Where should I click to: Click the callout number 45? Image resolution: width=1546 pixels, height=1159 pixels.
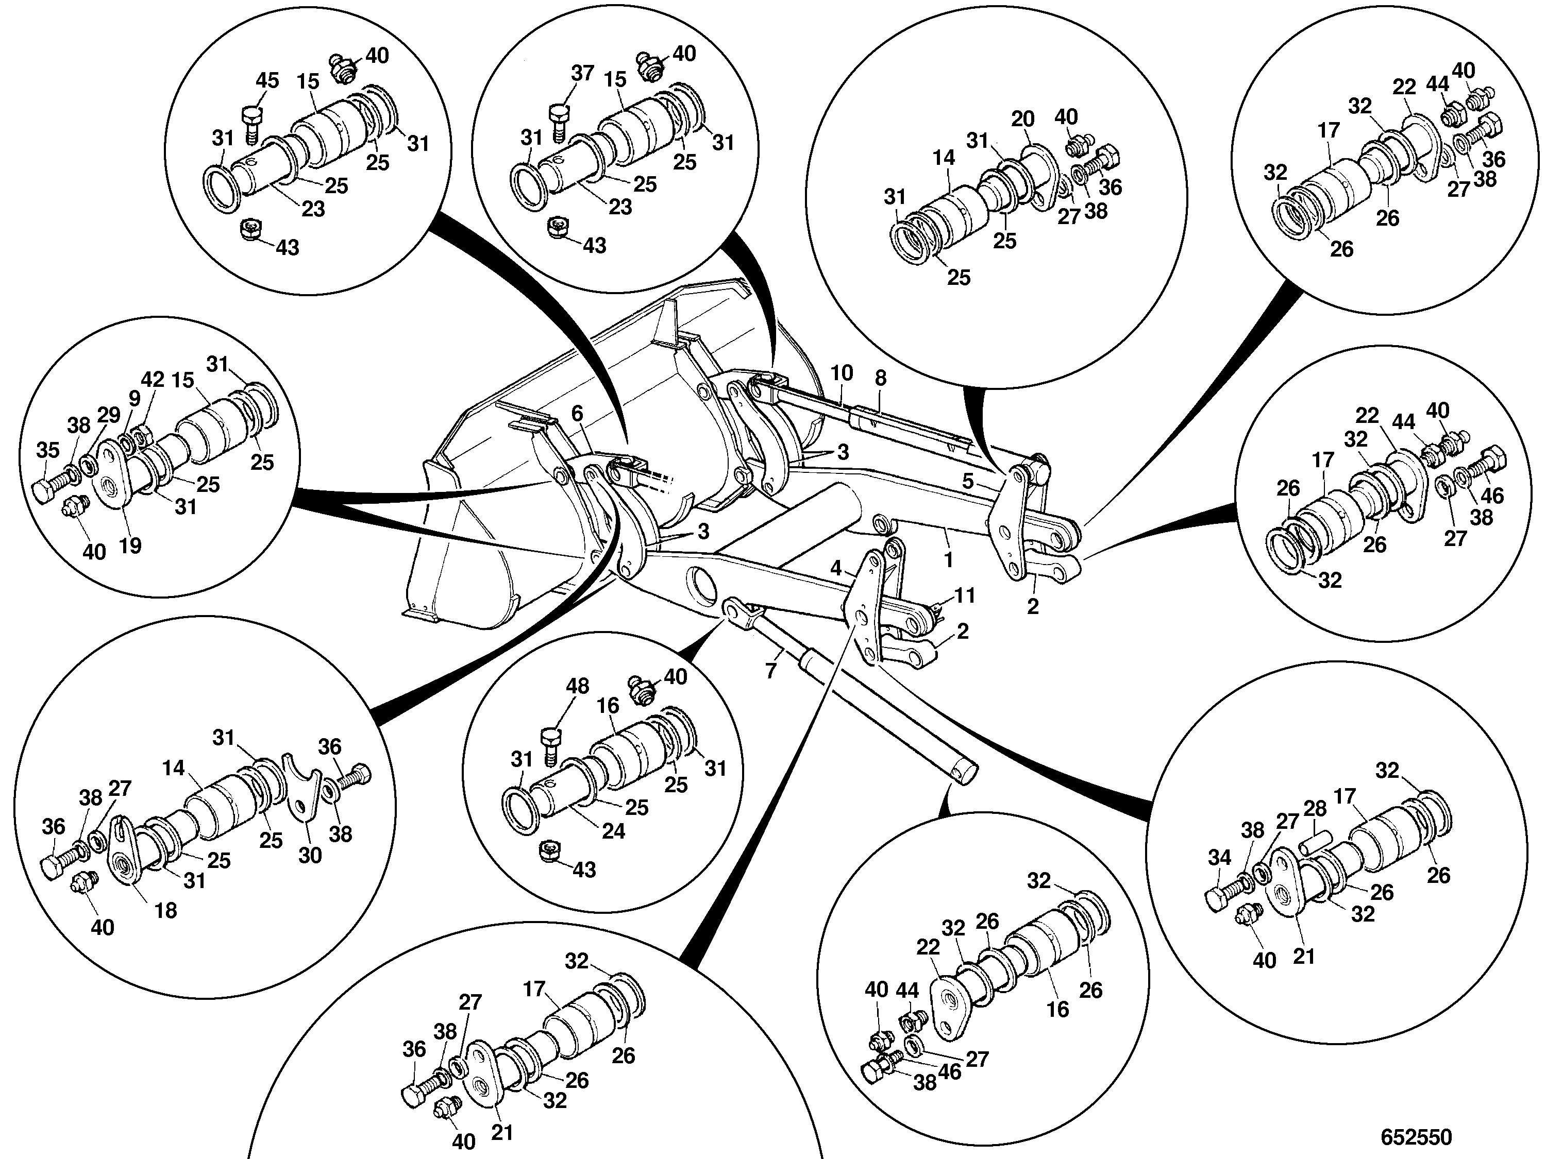(x=267, y=80)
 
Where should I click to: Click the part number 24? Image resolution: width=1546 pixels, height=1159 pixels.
(x=613, y=831)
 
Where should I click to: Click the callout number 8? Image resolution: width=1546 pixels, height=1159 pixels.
(x=881, y=378)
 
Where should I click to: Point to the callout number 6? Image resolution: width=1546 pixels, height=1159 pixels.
(x=577, y=414)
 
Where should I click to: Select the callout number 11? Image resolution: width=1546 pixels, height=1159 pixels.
(x=965, y=595)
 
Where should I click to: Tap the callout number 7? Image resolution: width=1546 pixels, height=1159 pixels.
(x=771, y=671)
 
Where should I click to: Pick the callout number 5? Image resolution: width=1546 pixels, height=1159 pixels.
(x=968, y=481)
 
